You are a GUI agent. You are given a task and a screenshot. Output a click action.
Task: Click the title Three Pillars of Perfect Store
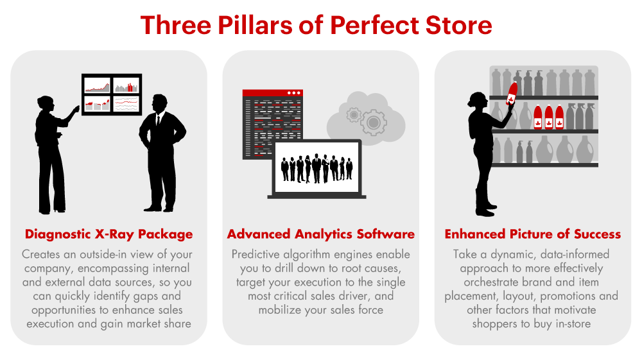[316, 25]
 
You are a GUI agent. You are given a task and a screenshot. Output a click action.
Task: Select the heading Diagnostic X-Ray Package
[108, 234]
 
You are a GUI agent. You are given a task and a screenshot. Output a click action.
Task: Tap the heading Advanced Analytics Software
[320, 234]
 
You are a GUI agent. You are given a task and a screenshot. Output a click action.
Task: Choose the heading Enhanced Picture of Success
[532, 234]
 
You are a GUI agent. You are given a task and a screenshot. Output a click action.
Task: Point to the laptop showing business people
[317, 169]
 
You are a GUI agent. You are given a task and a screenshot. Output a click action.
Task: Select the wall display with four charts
[112, 94]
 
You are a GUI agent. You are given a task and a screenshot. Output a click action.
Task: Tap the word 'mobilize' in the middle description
[281, 309]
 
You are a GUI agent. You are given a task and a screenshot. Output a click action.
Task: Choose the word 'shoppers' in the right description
[494, 323]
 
